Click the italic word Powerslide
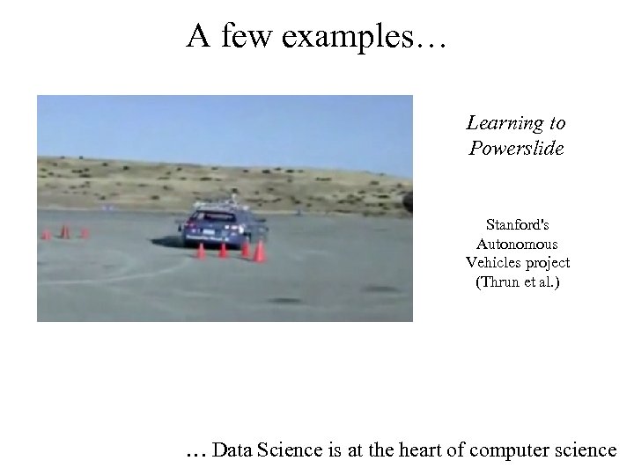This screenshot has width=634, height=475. click(516, 148)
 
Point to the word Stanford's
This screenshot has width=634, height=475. click(517, 224)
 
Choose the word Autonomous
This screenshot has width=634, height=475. click(517, 244)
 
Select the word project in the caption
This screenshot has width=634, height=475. click(548, 263)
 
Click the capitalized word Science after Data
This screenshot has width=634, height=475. click(289, 449)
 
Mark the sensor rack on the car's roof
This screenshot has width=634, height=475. click(220, 202)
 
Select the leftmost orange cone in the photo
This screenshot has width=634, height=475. click(46, 235)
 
